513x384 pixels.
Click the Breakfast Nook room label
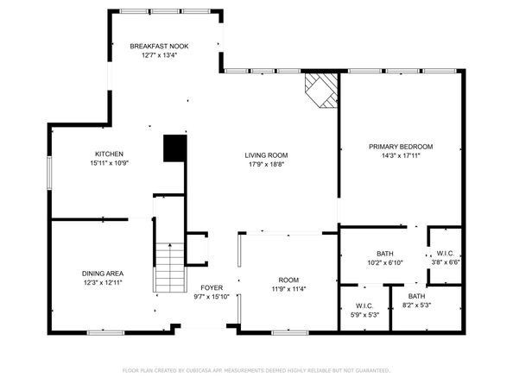159,47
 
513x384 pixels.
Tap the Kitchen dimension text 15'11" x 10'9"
110,163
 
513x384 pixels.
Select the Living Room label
266,155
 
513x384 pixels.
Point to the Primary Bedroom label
401,147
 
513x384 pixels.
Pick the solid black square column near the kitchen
175,148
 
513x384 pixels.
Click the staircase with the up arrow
170,268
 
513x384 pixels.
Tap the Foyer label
212,287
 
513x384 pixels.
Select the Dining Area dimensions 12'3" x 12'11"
103,282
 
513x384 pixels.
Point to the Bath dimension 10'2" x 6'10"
385,262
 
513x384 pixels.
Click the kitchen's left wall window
49,173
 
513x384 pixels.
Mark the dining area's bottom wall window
105,333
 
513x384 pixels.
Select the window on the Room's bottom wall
290,333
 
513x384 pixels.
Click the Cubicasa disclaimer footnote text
256,370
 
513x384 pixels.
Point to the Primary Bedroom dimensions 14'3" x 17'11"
401,155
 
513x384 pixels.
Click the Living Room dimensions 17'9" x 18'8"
266,164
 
